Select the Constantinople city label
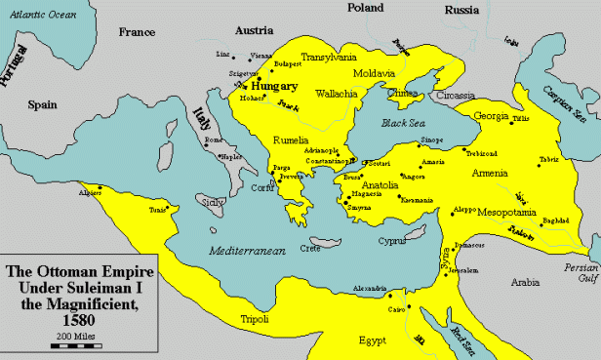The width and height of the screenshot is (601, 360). (x=329, y=160)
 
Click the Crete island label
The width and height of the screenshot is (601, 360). (x=310, y=249)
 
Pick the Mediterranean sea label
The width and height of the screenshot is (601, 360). (x=245, y=251)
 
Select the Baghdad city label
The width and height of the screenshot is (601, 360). (x=555, y=220)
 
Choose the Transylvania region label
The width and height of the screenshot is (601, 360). (x=332, y=57)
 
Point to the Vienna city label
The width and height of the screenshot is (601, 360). (x=261, y=56)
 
